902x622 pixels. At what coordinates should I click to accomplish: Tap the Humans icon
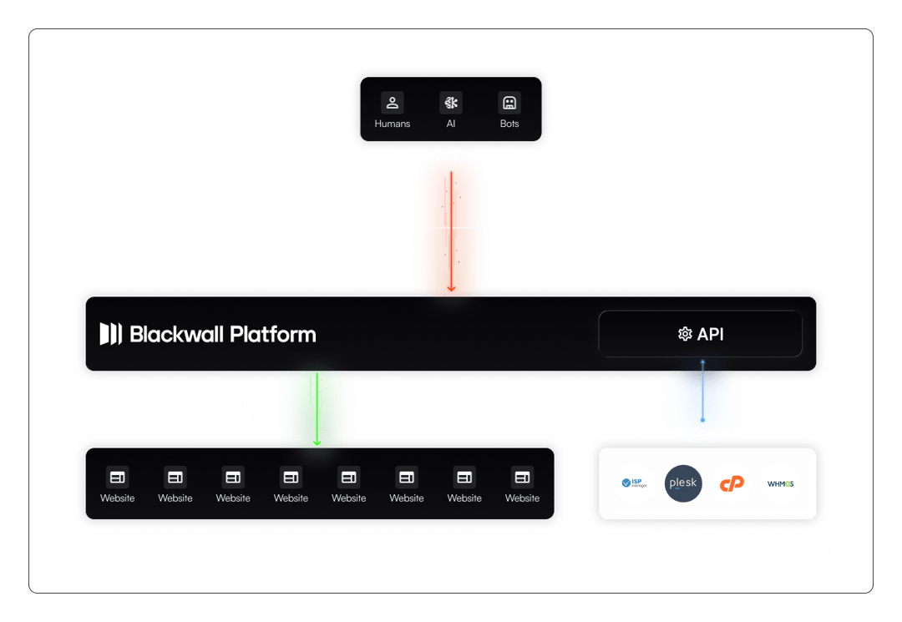393,104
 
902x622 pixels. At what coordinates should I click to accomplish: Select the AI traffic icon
451,104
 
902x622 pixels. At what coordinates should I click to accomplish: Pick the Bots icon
509,104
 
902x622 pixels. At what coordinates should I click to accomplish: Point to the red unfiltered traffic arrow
451,230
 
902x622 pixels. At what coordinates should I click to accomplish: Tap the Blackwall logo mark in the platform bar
111,334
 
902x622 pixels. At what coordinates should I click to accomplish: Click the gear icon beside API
685,334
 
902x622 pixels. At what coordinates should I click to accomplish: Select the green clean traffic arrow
317,409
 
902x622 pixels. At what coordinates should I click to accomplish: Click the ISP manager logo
635,483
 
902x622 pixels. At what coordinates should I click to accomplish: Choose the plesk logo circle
683,483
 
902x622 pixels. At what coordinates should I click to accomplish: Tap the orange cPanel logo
732,483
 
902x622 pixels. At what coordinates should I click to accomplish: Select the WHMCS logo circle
780,483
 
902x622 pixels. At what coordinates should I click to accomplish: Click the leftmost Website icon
118,477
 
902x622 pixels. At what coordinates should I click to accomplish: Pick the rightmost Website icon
523,477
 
